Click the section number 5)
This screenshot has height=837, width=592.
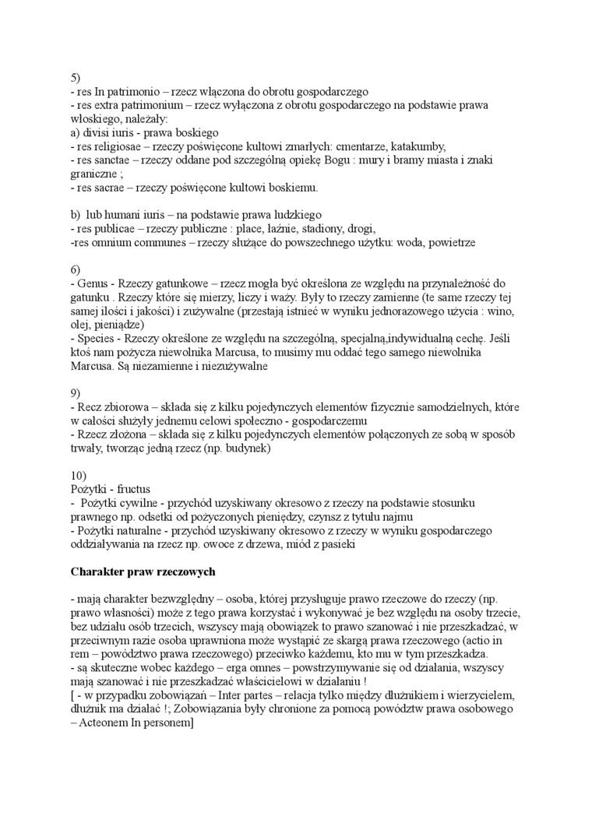pyautogui.click(x=76, y=77)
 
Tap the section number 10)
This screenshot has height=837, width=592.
pyautogui.click(x=79, y=475)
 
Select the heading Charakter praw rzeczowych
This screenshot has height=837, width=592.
pyautogui.click(x=143, y=571)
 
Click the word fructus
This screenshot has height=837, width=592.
pyautogui.click(x=135, y=489)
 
